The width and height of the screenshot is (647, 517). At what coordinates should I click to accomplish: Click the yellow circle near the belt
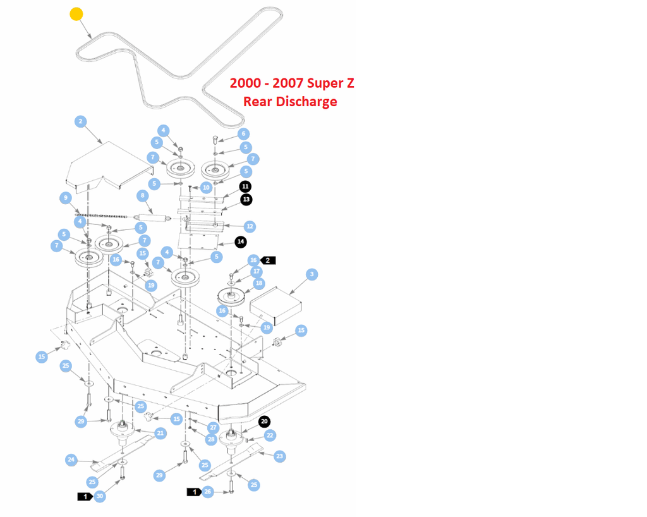point(76,14)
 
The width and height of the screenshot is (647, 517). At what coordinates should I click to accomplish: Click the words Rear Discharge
point(290,102)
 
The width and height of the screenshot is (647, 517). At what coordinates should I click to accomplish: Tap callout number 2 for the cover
point(80,121)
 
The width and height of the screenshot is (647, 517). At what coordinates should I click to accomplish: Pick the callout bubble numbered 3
point(311,274)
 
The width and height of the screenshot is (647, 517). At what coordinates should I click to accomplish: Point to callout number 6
point(243,134)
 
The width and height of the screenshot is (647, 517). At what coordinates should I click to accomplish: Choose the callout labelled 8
point(143,196)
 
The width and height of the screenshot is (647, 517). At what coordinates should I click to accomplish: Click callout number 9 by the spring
point(65,198)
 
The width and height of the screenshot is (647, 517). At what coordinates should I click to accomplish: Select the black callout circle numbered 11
point(245,186)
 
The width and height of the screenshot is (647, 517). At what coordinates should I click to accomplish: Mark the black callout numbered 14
point(241,241)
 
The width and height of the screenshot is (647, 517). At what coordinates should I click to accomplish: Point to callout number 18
point(258,284)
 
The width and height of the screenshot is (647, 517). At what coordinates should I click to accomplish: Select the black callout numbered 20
point(265,422)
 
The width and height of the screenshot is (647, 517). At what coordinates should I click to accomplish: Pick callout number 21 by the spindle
point(160,433)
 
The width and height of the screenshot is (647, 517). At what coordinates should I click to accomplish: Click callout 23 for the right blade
point(280,456)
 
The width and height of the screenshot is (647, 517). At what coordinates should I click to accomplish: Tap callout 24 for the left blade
point(71,459)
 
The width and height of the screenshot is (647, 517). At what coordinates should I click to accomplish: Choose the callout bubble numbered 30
point(100,497)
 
